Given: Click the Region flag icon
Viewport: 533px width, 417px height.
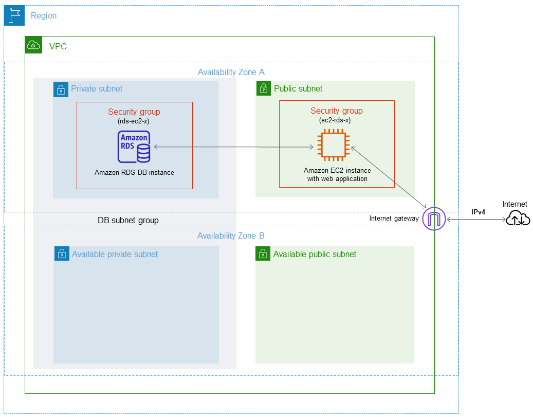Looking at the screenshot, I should pyautogui.click(x=14, y=16).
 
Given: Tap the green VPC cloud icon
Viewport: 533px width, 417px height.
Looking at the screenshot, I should pyautogui.click(x=33, y=46).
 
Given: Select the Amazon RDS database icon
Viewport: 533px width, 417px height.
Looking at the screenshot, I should pyautogui.click(x=134, y=147).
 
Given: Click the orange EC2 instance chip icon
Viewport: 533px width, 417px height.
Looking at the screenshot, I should pyautogui.click(x=333, y=147).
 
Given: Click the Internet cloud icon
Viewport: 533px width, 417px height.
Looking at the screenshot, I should pyautogui.click(x=518, y=219).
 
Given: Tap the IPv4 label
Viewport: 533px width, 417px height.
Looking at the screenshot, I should pyautogui.click(x=479, y=212).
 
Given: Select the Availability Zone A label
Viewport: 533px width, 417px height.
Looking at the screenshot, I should pyautogui.click(x=231, y=72).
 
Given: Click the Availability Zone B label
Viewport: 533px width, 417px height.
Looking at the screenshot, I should pyautogui.click(x=231, y=236).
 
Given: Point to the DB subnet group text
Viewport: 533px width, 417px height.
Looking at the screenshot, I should pyautogui.click(x=128, y=220).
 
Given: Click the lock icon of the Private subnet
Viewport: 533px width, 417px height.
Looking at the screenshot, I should pyautogui.click(x=61, y=89).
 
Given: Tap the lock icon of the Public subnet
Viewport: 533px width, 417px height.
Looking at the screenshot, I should pyautogui.click(x=264, y=88).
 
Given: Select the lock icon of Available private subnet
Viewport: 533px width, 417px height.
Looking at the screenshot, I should pyautogui.click(x=62, y=254).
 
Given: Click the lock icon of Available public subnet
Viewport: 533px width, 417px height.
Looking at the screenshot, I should pyautogui.click(x=263, y=253).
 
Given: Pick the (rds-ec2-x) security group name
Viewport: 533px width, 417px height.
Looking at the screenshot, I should pyautogui.click(x=134, y=121).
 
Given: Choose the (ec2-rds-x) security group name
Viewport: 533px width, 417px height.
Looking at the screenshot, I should pyautogui.click(x=336, y=120).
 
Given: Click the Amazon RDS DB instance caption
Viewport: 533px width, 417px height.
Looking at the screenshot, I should pyautogui.click(x=134, y=173).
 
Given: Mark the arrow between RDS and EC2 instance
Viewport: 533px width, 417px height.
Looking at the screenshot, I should pyautogui.click(x=234, y=148).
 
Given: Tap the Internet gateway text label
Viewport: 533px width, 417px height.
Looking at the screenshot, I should pyautogui.click(x=394, y=219).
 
